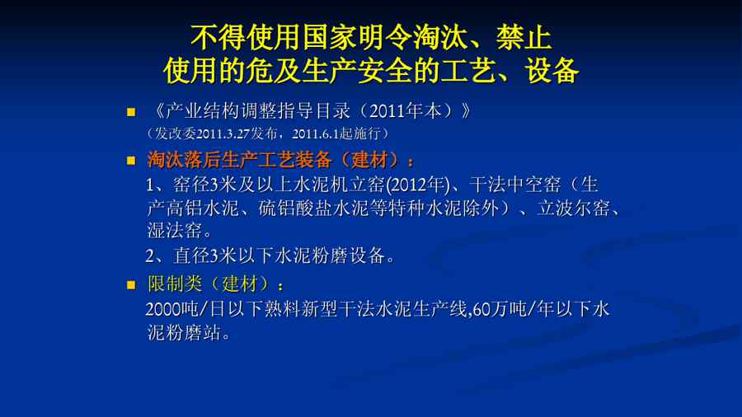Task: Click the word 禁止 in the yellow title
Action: point(524,37)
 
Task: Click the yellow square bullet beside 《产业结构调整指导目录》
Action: point(131,112)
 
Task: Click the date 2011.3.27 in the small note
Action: point(223,134)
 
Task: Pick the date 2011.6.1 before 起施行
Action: point(316,134)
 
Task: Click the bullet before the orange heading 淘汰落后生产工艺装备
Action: point(131,161)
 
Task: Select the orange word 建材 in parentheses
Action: point(369,160)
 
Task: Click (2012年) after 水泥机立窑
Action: point(418,185)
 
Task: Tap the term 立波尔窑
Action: point(574,208)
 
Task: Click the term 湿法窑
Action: point(175,231)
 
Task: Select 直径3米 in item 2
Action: point(205,255)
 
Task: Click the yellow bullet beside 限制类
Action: point(131,285)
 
